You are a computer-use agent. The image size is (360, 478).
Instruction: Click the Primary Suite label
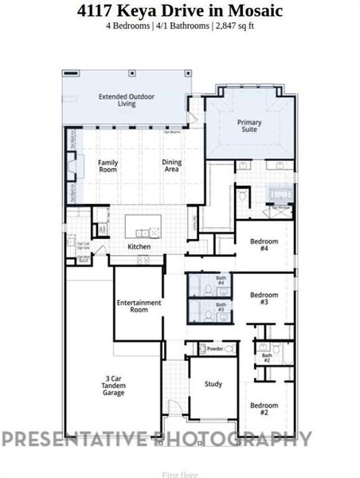[249, 126]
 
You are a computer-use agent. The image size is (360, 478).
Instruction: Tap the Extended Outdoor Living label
[127, 100]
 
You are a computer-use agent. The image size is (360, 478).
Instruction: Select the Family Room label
[108, 166]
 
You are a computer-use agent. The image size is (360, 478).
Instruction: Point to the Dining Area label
[172, 166]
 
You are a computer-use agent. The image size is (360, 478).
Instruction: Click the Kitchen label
[139, 247]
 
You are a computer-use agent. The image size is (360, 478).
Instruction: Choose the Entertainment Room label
[139, 306]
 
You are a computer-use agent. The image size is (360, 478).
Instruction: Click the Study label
[212, 384]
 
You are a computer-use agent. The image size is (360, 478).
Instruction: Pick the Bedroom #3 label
[264, 299]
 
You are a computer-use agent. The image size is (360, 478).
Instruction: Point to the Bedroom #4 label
[264, 245]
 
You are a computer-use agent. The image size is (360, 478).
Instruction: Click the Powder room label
[214, 349]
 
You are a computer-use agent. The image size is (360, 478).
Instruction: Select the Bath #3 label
[221, 307]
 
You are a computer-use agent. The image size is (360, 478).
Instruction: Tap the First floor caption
[179, 474]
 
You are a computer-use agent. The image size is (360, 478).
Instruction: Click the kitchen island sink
[143, 232]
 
